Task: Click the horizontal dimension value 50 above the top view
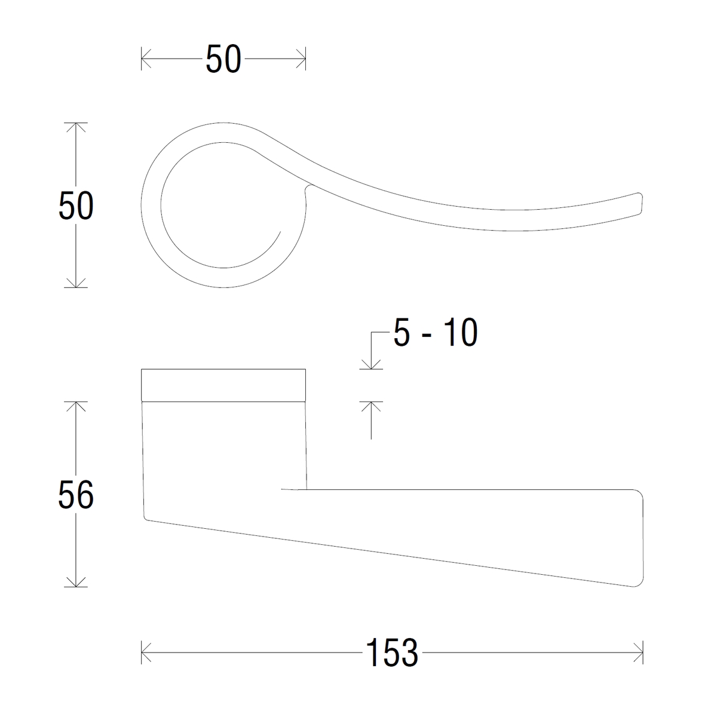point(223,59)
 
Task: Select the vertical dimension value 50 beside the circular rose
point(76,205)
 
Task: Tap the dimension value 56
point(76,495)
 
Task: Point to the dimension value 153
point(392,652)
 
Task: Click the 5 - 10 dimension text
point(436,332)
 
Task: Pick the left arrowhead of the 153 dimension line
point(146,652)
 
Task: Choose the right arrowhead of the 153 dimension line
point(639,652)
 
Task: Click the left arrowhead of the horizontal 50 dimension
point(146,59)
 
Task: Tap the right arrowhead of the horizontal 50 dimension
point(301,59)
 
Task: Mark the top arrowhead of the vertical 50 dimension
point(76,127)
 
